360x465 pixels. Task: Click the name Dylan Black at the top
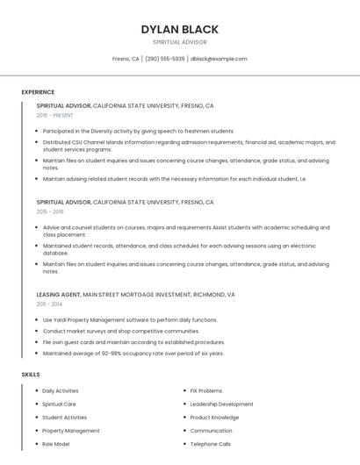click(x=179, y=30)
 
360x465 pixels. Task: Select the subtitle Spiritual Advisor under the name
click(x=179, y=42)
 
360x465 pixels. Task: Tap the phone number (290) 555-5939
click(x=165, y=59)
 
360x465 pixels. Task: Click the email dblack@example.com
click(x=219, y=59)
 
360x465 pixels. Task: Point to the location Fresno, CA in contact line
click(x=126, y=59)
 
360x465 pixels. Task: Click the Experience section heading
click(x=38, y=92)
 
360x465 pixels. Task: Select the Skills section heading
click(x=31, y=375)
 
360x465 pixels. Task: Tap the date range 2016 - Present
click(x=55, y=115)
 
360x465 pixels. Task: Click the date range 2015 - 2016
click(x=50, y=211)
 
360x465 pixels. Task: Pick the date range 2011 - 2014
click(x=49, y=304)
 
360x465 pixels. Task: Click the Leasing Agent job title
click(x=59, y=295)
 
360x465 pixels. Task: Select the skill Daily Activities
click(x=61, y=390)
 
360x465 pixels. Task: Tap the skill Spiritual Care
click(x=60, y=404)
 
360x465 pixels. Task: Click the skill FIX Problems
click(x=206, y=390)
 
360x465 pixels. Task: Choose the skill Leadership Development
click(x=221, y=404)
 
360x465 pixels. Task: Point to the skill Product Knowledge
click(x=214, y=418)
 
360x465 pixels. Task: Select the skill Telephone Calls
click(x=211, y=444)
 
